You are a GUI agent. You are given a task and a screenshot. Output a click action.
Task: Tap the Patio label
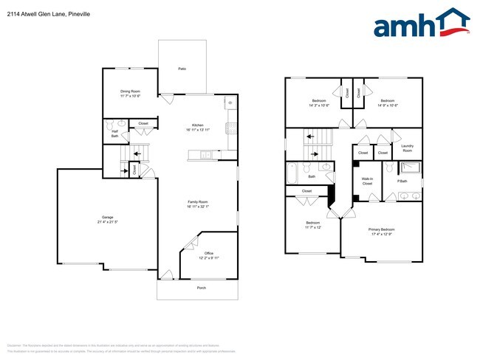(x=182, y=69)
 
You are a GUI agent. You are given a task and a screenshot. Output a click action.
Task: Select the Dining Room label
(x=130, y=91)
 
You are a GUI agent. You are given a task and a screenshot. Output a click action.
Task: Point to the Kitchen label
(x=197, y=125)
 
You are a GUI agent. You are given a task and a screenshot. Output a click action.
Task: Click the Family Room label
(x=197, y=201)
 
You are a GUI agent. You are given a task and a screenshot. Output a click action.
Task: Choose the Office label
(x=208, y=253)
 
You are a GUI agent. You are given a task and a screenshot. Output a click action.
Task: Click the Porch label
(x=201, y=288)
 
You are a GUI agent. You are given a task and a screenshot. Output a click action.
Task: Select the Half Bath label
(x=115, y=134)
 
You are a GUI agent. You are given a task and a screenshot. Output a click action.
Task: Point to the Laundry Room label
(x=407, y=148)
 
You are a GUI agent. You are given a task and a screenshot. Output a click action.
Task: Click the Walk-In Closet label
(x=366, y=181)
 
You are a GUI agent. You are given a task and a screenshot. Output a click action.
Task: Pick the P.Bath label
(x=402, y=181)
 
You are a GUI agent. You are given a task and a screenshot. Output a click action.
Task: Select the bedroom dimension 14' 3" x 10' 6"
(x=318, y=105)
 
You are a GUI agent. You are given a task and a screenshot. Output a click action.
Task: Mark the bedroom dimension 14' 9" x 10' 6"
(x=388, y=105)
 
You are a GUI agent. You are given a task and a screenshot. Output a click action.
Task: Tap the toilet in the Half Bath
(x=110, y=124)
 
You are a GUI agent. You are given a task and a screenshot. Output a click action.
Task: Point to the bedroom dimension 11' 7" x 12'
(x=313, y=227)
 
